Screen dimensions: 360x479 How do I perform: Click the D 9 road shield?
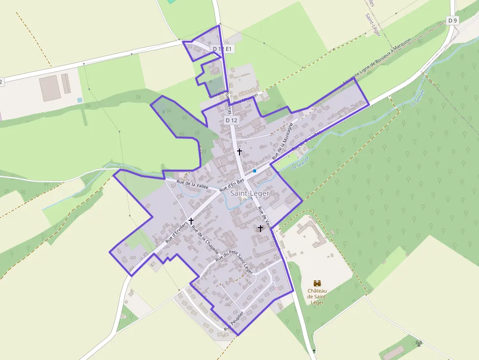(x=453, y=20)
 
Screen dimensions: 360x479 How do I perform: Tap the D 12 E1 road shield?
(x=223, y=49)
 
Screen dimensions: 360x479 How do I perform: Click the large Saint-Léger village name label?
(x=250, y=193)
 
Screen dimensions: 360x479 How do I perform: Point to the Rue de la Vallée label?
(x=193, y=184)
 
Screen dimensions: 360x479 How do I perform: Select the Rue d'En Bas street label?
(x=232, y=185)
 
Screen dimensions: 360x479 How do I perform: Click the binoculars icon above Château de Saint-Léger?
(x=317, y=283)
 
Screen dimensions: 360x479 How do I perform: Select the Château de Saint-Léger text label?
(x=317, y=296)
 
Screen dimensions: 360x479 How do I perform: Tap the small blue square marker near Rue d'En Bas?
(x=255, y=171)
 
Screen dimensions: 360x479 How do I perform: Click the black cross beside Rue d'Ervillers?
(x=191, y=221)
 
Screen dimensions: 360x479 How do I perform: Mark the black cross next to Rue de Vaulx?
(x=260, y=228)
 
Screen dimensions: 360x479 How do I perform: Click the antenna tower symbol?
(x=418, y=343)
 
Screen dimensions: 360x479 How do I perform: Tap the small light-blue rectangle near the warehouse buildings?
(x=80, y=100)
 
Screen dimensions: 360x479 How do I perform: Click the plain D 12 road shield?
(x=231, y=120)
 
